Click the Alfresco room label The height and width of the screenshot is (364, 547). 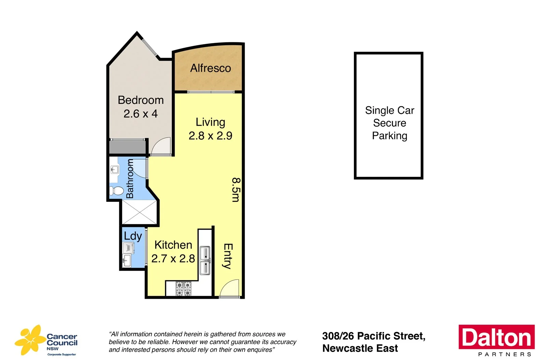coord(210,68)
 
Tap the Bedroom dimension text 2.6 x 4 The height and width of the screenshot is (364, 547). coord(141,114)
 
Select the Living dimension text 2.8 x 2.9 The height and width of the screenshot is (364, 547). coord(210,136)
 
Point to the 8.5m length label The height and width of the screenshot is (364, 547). coord(236,190)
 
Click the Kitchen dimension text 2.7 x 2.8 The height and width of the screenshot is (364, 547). coord(173,258)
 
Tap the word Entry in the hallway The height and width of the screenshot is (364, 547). coord(228,256)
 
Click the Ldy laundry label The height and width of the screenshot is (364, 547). coord(133,236)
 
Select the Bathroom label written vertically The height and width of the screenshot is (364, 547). coord(130,179)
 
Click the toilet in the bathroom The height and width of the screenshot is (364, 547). coord(116,191)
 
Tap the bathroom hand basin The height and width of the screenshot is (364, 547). coord(115,169)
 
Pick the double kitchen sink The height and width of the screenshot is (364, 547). coord(205,260)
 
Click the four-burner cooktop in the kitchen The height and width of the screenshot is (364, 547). coord(184,289)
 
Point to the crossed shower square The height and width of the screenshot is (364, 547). coord(139,212)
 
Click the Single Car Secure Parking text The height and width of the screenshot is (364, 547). coord(389,123)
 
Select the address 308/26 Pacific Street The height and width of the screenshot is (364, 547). coord(374,336)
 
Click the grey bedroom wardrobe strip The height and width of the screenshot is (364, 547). coord(127,147)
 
